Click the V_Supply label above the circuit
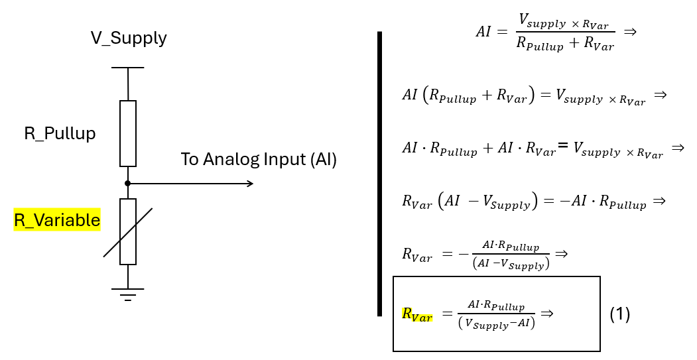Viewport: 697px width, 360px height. [129, 38]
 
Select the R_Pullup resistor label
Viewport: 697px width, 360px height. [60, 133]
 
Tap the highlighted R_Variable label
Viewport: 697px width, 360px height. [57, 220]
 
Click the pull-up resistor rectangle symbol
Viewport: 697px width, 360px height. [128, 133]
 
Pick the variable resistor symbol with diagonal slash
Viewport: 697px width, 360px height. [128, 231]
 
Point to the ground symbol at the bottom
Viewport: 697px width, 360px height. [128, 293]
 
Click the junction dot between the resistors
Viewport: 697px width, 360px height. [128, 183]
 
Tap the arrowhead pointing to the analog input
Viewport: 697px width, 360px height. [249, 183]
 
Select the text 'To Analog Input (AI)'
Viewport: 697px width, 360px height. [259, 160]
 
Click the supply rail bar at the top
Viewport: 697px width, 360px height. [128, 68]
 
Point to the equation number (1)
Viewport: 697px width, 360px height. [619, 314]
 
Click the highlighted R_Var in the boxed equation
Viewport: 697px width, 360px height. [416, 314]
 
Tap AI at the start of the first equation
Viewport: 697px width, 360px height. [483, 32]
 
